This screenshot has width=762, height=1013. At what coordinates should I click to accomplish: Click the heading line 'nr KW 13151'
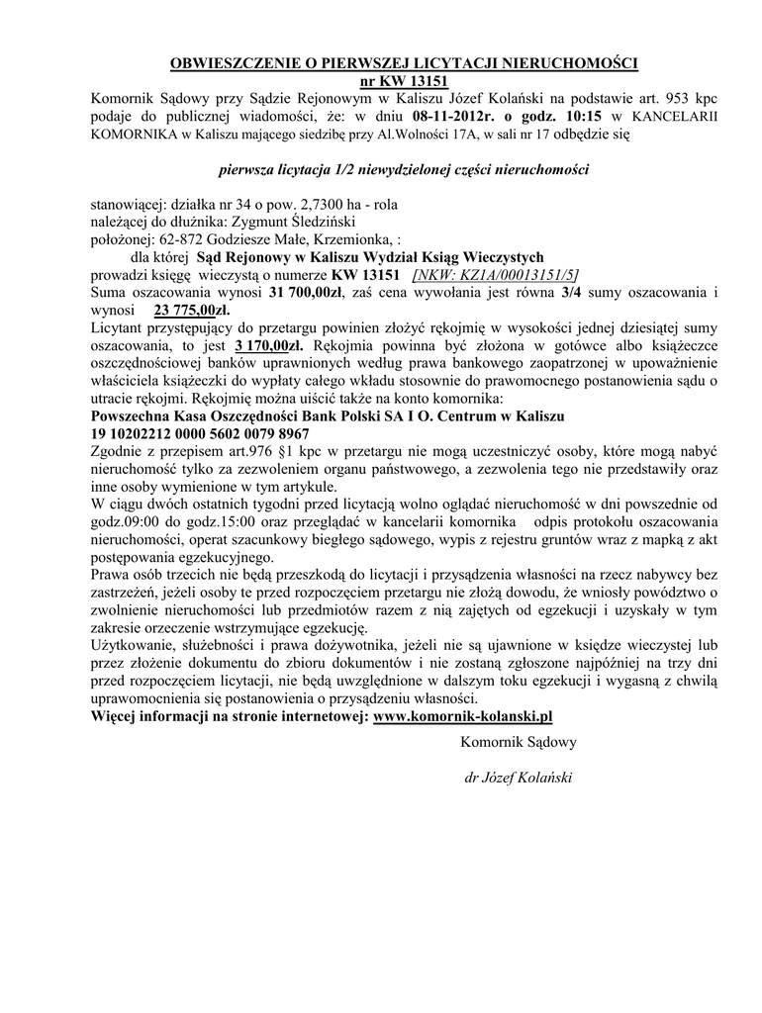pyautogui.click(x=404, y=81)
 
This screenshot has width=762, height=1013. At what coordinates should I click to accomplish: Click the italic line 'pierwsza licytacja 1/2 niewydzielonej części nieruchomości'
pyautogui.click(x=404, y=169)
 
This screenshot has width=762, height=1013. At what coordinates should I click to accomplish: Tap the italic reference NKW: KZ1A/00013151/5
pyautogui.click(x=497, y=276)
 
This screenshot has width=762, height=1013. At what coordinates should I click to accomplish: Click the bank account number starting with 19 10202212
pyautogui.click(x=200, y=434)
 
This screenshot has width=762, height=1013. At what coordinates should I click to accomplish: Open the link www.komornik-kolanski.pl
pyautogui.click(x=477, y=716)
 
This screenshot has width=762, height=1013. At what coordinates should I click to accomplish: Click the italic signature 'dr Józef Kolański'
pyautogui.click(x=518, y=778)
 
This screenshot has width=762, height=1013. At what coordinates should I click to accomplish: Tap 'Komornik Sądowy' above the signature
pyautogui.click(x=518, y=741)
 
